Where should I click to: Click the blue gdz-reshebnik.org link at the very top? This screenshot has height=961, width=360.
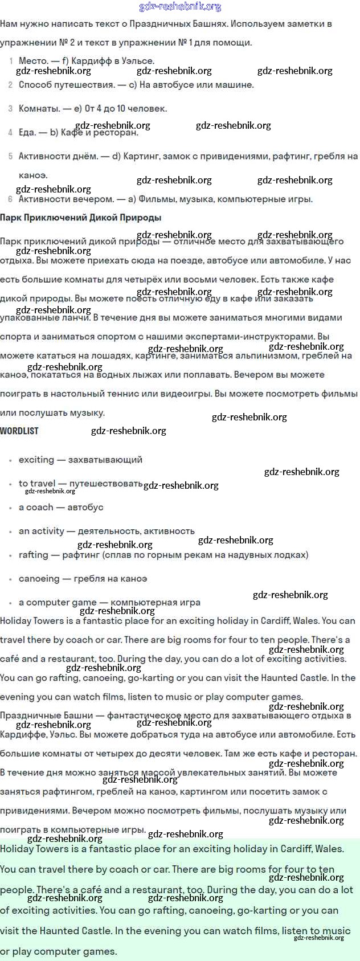tap(180, 7)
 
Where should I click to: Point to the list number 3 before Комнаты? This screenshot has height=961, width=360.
tap(10, 108)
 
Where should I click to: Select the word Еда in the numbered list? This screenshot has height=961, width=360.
tap(27, 132)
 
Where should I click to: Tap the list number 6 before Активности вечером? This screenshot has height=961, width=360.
tap(10, 199)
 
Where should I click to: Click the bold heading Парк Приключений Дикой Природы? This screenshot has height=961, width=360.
tap(80, 217)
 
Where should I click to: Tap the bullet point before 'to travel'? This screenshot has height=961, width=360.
tap(10, 484)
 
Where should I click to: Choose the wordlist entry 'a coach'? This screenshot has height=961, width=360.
tap(36, 507)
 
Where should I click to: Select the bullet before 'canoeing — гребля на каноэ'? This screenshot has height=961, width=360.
tap(10, 579)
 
